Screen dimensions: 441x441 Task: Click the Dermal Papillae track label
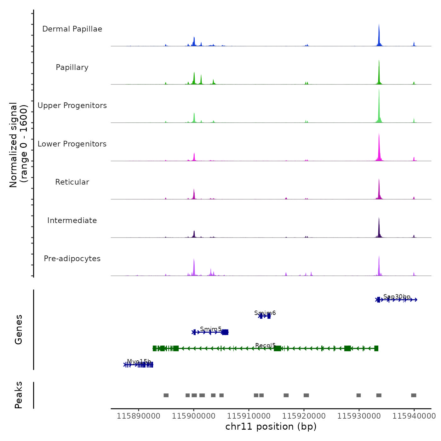tap(72, 29)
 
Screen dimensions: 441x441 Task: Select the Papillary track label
tap(72, 67)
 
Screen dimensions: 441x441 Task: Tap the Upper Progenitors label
tap(72, 106)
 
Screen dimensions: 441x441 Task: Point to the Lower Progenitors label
tap(72, 144)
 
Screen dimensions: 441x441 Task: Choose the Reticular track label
tap(72, 182)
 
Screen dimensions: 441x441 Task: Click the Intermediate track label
tap(72, 220)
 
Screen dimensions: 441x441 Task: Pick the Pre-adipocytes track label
tap(72, 259)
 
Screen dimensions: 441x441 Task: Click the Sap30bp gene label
tap(397, 297)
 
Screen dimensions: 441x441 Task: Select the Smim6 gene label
tap(265, 313)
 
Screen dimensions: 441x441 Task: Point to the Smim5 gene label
tap(211, 329)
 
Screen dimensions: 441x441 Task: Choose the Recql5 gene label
tap(266, 346)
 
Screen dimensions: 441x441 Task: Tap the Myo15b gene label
tap(139, 361)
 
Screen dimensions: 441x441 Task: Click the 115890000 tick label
tap(138, 416)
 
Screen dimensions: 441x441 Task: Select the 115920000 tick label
tap(304, 416)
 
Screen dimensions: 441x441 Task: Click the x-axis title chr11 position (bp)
tap(271, 427)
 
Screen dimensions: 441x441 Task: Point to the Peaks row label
tap(19, 395)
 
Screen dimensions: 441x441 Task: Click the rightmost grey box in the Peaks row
tap(414, 395)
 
